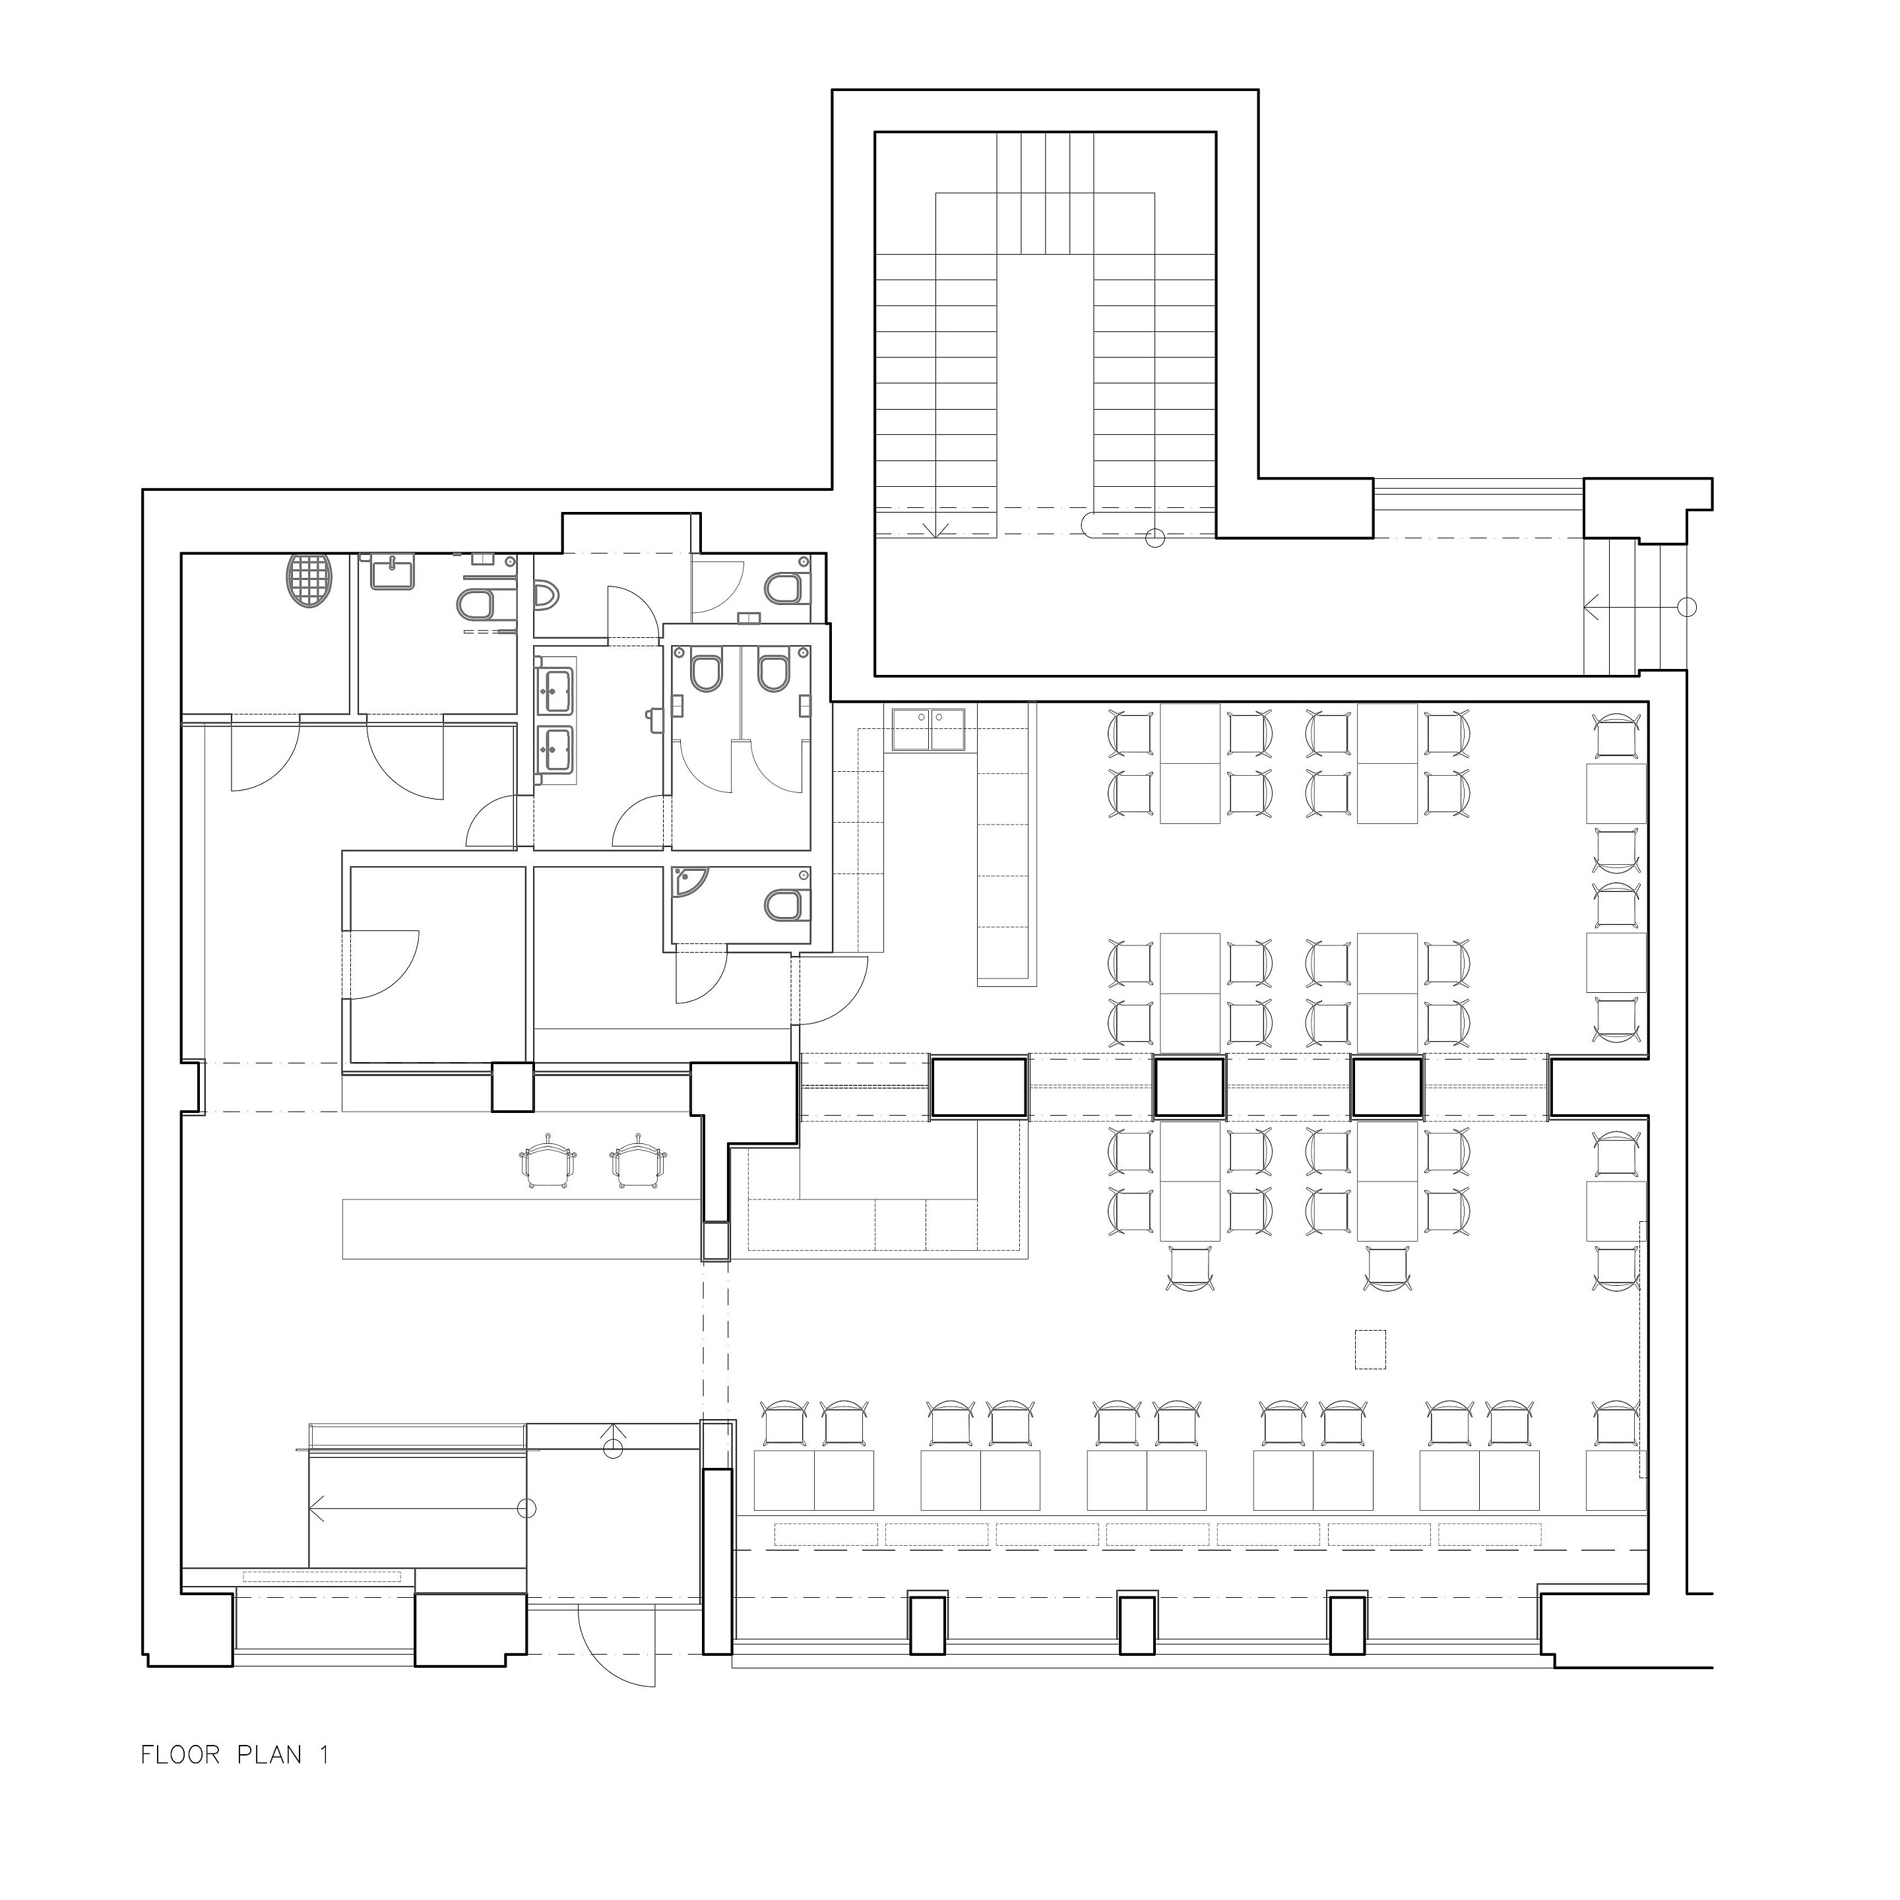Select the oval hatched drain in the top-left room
(x=309, y=582)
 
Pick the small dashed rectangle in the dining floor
(x=1371, y=1349)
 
